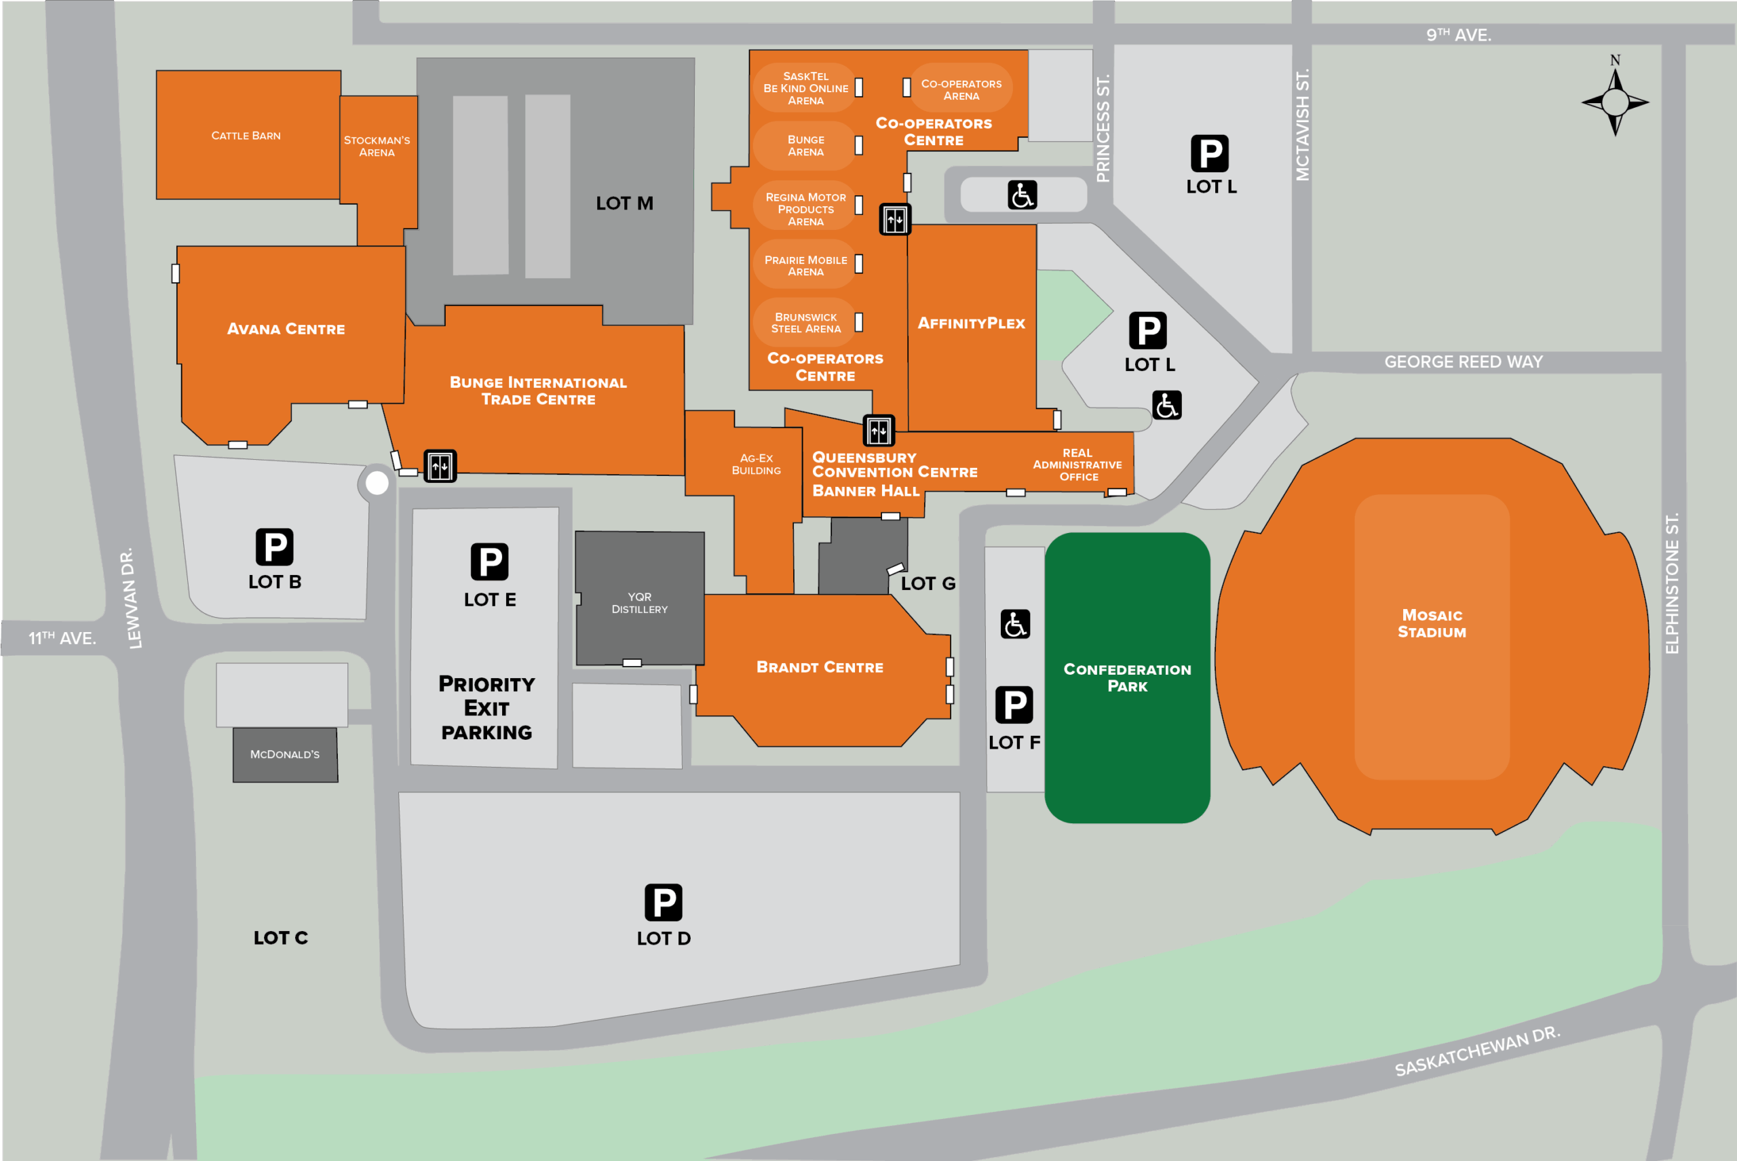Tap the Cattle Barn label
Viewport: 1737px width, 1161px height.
[246, 136]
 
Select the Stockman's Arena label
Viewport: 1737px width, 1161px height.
[377, 146]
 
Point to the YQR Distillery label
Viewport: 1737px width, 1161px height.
[639, 603]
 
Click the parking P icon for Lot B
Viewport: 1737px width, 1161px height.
[274, 547]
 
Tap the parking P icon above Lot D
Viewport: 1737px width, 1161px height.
[663, 903]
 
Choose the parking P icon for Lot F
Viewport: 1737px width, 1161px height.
[1014, 705]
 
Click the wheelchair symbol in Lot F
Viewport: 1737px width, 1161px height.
[1015, 624]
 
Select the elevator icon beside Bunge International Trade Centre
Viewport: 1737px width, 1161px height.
[440, 466]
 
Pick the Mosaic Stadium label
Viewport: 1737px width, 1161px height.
[1431, 623]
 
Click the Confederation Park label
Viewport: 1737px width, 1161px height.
[1126, 677]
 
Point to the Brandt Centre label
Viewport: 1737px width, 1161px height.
[819, 667]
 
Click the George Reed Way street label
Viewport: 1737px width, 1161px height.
[1463, 362]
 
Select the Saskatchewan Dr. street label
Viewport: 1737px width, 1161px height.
[1477, 1051]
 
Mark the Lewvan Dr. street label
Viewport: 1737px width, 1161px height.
[132, 598]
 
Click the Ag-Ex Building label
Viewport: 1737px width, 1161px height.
[756, 465]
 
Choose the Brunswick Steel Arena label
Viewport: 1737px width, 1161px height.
[805, 323]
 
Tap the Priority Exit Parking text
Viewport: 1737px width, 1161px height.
[486, 707]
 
